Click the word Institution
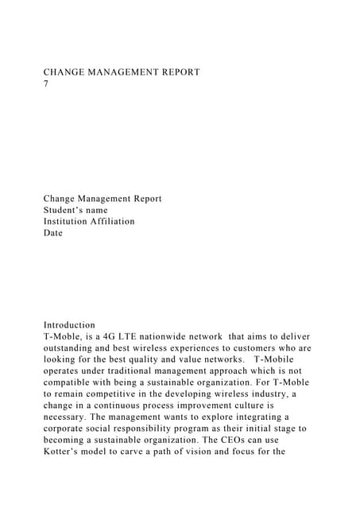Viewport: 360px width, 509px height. click(x=70, y=221)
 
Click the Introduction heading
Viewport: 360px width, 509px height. click(x=69, y=324)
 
